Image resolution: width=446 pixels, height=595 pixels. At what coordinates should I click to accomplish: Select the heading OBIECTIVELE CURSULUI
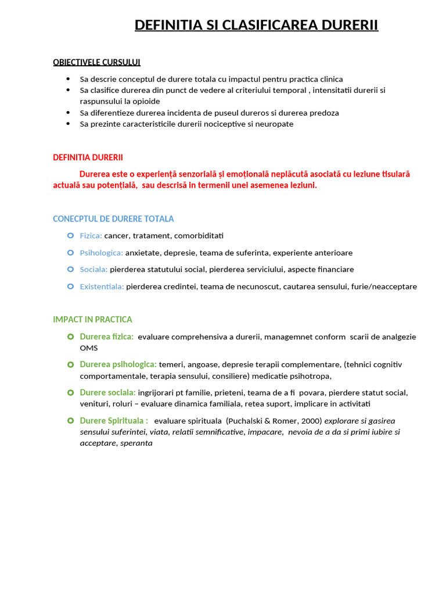96,62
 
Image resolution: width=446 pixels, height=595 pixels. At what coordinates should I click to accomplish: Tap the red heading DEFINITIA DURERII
88,157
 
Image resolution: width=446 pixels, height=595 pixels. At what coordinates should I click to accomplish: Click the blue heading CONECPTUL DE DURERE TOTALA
113,219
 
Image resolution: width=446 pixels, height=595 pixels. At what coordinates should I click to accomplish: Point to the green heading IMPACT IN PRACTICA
92,320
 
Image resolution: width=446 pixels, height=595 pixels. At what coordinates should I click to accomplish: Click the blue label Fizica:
91,236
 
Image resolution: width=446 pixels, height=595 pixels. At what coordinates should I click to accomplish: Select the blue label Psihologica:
101,253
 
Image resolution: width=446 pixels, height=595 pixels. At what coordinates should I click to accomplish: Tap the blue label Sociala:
93,270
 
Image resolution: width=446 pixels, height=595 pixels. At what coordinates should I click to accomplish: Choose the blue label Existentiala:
102,286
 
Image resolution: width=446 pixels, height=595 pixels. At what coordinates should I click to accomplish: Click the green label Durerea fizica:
106,336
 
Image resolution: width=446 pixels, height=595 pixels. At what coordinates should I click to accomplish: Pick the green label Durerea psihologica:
118,364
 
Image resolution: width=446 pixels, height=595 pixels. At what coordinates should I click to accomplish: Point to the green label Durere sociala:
107,392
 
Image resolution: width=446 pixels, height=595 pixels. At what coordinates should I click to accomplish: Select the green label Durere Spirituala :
113,421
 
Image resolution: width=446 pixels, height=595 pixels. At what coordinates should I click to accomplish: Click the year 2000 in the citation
312,421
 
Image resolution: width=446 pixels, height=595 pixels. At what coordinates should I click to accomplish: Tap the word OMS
89,348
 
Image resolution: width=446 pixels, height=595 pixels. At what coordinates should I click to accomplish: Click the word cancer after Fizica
117,236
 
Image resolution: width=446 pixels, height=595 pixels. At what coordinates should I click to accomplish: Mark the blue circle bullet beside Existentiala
70,286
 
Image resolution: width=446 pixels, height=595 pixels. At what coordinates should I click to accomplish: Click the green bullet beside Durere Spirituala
70,420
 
